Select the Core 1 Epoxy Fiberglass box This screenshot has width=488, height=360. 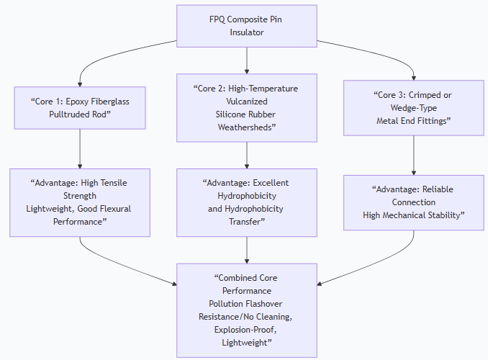coord(79,107)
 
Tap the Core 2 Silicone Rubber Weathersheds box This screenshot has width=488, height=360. coord(247,107)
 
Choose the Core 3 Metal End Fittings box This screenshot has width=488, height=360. coord(413,107)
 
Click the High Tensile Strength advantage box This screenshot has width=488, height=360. coord(79,203)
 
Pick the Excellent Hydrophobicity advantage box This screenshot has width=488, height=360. coord(247,202)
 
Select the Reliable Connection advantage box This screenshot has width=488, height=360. coord(413,202)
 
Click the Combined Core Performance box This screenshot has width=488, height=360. coord(247,310)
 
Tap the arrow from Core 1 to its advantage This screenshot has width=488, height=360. coord(79,148)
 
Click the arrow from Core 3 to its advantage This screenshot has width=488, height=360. coord(413,156)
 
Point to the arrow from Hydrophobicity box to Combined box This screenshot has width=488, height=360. coord(247,250)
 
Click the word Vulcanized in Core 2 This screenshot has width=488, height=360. coord(247,102)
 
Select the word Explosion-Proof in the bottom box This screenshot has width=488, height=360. coord(247,329)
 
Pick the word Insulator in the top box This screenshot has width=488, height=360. coord(247,32)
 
